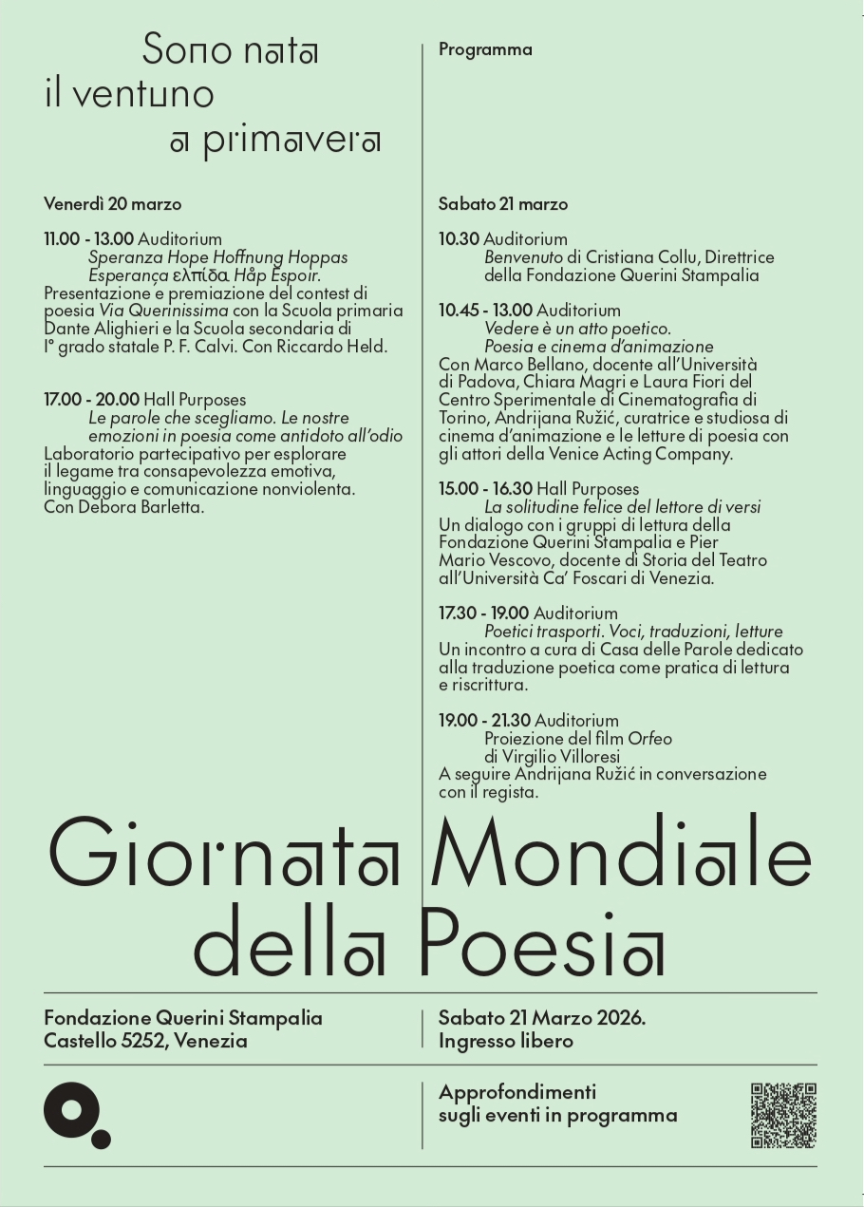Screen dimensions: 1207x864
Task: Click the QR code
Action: pos(783,1115)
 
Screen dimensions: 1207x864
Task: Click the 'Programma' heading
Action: pos(485,50)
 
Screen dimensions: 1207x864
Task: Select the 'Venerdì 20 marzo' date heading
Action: pos(112,203)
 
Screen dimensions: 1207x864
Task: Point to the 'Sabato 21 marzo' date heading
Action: pos(503,203)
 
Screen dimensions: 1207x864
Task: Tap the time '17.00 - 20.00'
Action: pos(91,400)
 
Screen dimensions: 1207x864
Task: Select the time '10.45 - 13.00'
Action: pos(485,311)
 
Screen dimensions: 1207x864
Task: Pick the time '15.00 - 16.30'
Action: pos(485,489)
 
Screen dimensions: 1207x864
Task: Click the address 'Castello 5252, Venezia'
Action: pos(145,1041)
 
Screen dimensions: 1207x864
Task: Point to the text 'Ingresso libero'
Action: pos(506,1041)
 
